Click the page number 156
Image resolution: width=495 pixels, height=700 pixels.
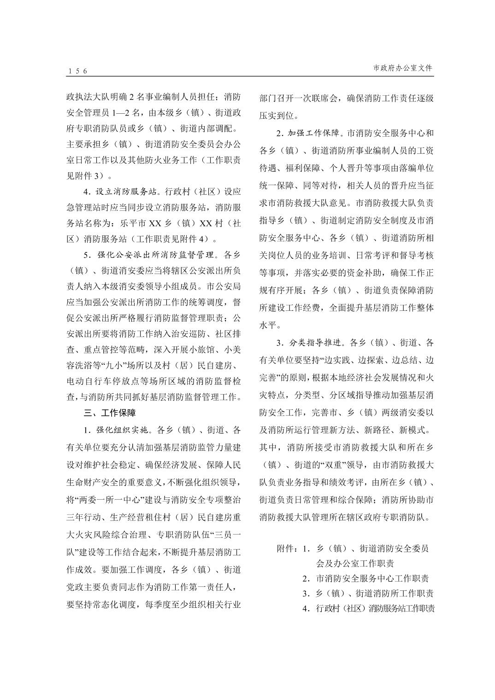coord(77,70)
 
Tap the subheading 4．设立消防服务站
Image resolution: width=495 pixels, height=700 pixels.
coord(121,192)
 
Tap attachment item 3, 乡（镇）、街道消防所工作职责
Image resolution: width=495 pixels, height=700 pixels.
coord(368,594)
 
